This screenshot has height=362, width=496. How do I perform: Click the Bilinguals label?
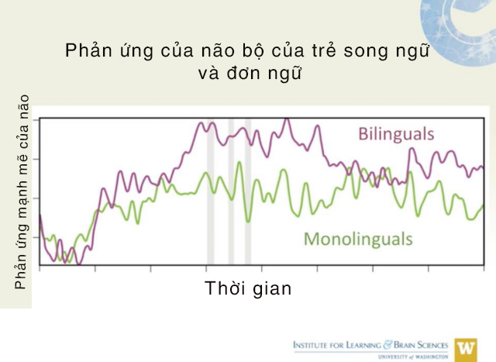pyautogui.click(x=396, y=134)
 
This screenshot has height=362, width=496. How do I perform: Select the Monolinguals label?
pyautogui.click(x=358, y=239)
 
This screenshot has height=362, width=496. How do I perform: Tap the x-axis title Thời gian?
pyautogui.click(x=248, y=288)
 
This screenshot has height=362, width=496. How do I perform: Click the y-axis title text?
pyautogui.click(x=22, y=191)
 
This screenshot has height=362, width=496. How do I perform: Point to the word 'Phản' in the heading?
pyautogui.click(x=88, y=50)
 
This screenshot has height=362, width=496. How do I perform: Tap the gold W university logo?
pyautogui.click(x=466, y=350)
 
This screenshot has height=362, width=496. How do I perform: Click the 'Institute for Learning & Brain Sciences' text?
pyautogui.click(x=370, y=345)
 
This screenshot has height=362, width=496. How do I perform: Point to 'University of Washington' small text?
pyautogui.click(x=413, y=357)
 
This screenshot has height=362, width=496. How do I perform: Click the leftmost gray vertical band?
pyautogui.click(x=210, y=191)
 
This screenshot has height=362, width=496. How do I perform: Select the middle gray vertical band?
pyautogui.click(x=231, y=191)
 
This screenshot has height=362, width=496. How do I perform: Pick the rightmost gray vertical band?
pyautogui.click(x=248, y=191)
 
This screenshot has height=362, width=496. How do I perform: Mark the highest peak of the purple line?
pyautogui.click(x=287, y=119)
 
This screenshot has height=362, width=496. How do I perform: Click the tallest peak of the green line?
pyautogui.click(x=239, y=163)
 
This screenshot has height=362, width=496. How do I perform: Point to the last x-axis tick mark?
pyautogui.click(x=484, y=268)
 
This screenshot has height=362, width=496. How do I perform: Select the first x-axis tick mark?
pyautogui.click(x=40, y=268)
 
